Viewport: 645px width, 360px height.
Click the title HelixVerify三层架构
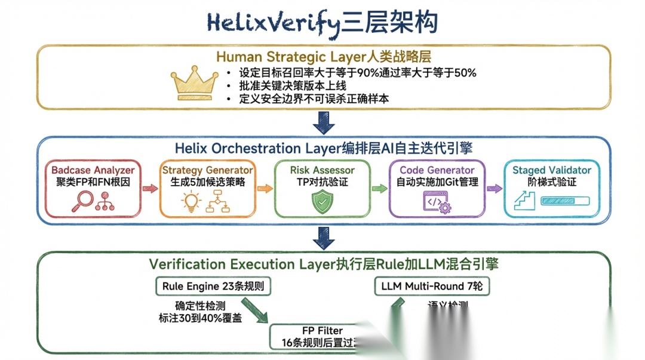click(322, 22)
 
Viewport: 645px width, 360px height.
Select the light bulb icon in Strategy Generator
click(190, 202)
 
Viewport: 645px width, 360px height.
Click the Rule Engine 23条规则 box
click(213, 287)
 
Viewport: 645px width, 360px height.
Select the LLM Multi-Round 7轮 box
click(432, 287)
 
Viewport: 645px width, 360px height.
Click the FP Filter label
click(322, 331)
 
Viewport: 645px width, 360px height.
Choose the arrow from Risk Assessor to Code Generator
click(379, 188)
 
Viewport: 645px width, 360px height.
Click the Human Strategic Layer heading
click(323, 57)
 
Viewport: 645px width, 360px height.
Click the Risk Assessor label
click(322, 170)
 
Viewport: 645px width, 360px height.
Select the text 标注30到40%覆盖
click(200, 318)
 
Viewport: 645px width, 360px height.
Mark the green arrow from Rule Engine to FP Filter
click(255, 310)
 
